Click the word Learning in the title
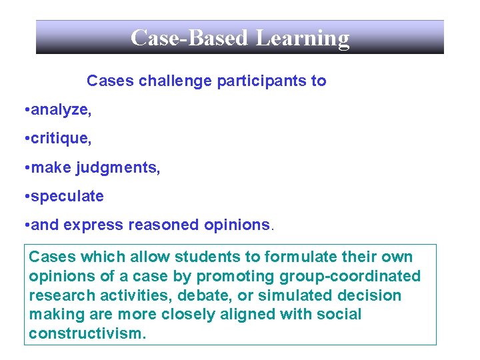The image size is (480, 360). click(303, 38)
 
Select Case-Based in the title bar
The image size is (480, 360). click(190, 38)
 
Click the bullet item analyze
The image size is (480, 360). click(61, 110)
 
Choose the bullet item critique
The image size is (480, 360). click(61, 139)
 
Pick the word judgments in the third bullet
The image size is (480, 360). click(118, 168)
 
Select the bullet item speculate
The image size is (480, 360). click(67, 197)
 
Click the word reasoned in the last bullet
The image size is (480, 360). click(165, 225)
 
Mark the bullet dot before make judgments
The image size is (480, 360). click(25, 168)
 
